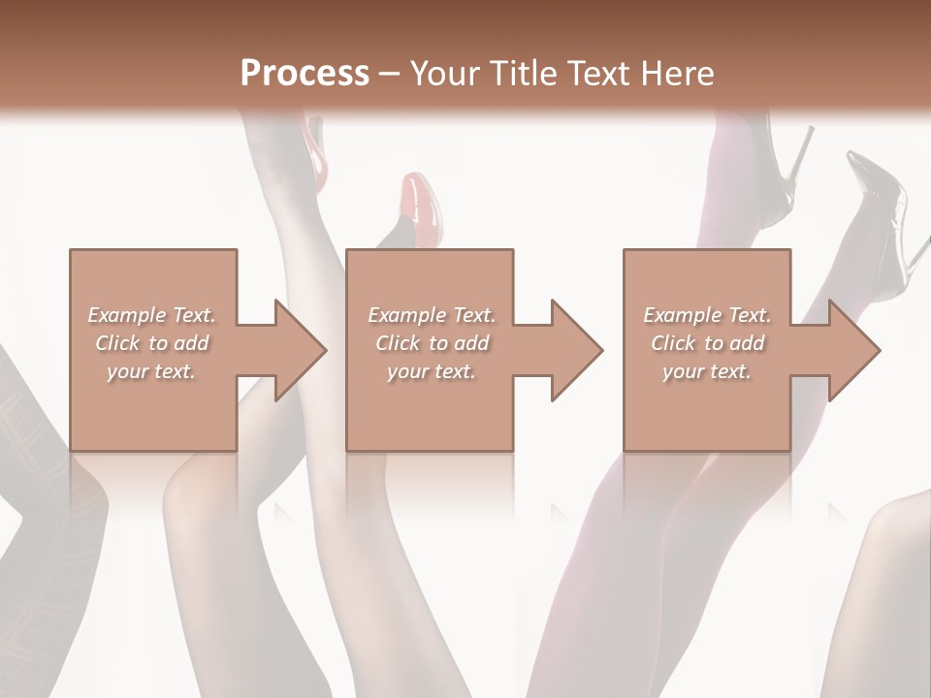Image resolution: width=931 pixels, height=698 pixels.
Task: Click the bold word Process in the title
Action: click(305, 74)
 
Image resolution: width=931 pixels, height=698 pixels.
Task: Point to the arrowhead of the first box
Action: click(300, 350)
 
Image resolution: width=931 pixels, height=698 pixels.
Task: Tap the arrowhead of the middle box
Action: click(576, 350)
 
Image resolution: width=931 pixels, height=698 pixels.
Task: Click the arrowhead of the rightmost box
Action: click(853, 350)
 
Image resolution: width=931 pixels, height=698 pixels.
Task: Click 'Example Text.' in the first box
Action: click(151, 315)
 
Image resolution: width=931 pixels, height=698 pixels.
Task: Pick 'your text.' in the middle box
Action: click(431, 371)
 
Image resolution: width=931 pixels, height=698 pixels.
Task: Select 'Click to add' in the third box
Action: click(707, 343)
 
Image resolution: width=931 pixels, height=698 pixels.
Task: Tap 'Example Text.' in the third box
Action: click(707, 315)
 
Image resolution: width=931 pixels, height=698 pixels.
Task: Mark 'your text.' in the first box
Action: click(151, 371)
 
